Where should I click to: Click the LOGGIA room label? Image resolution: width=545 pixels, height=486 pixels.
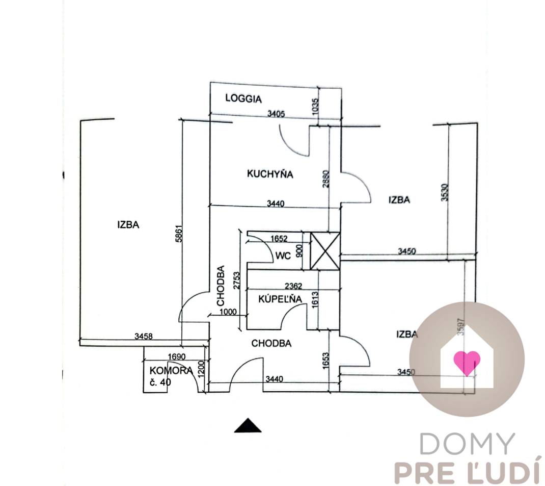[x=243, y=99]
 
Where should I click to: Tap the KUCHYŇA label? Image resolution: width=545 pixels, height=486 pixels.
[x=270, y=174]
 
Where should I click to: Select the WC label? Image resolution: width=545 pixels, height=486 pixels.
[x=283, y=255]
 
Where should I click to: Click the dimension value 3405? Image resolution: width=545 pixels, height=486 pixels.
[x=276, y=114]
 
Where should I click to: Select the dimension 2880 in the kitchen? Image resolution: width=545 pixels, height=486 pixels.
[x=326, y=180]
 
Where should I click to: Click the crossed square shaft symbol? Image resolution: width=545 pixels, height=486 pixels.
[x=325, y=250]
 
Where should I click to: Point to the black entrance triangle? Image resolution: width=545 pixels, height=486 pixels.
[x=248, y=425]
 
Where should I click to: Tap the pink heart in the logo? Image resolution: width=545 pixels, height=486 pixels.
[x=467, y=362]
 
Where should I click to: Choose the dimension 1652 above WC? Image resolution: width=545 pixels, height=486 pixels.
[x=279, y=238]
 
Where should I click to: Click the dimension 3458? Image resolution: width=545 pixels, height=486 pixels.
[x=143, y=336]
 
